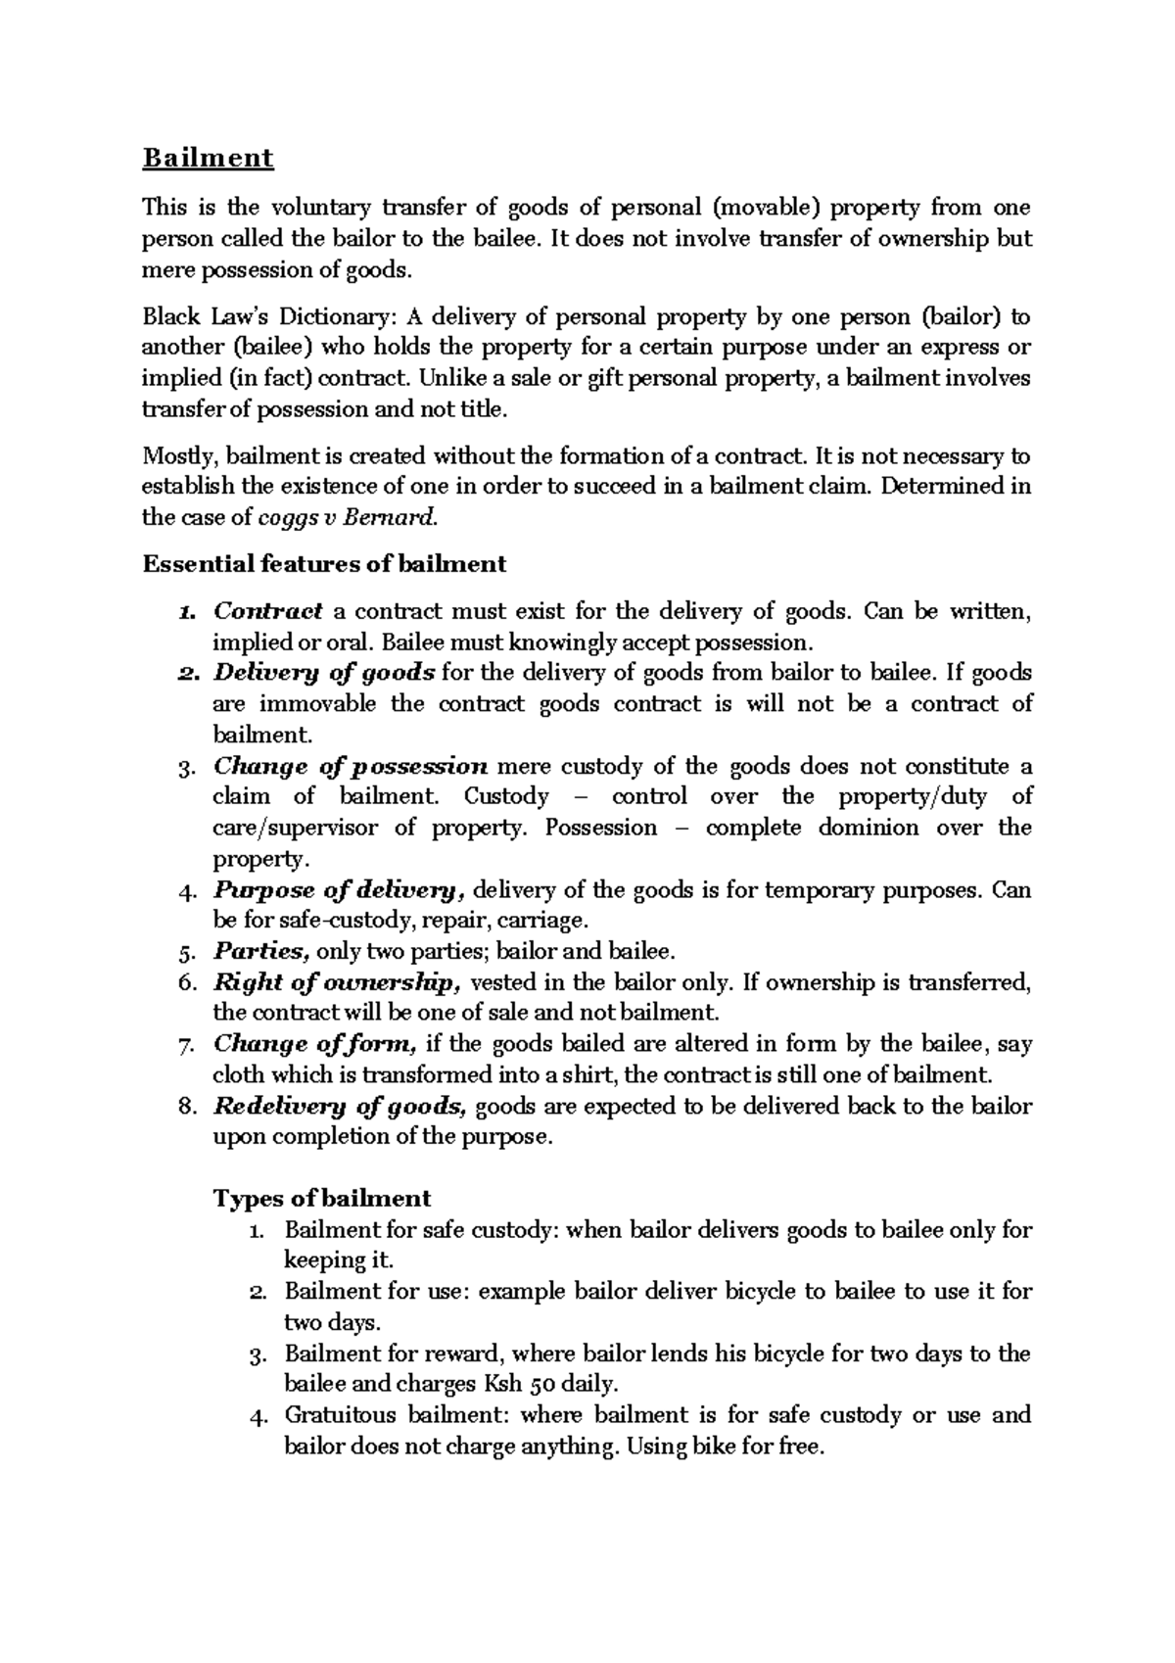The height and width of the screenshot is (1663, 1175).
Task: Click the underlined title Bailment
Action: (208, 158)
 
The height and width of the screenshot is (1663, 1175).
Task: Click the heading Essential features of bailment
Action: (324, 564)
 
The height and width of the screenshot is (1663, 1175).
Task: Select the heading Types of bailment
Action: (322, 1199)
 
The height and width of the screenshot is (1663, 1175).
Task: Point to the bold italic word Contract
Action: (267, 611)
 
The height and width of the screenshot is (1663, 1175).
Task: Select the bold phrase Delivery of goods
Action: (324, 673)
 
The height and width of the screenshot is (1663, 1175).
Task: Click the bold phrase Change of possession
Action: (351, 766)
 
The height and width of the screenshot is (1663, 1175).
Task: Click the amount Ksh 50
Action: (520, 1385)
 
